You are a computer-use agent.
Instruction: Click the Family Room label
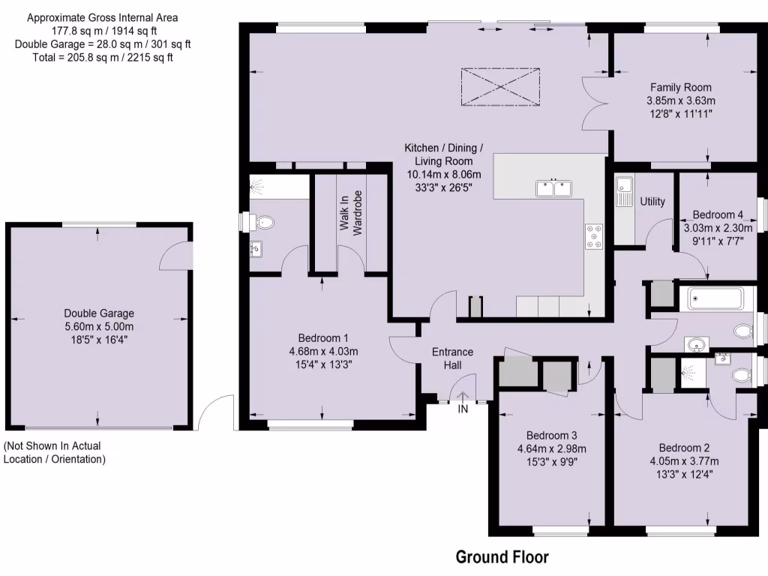[x=680, y=88]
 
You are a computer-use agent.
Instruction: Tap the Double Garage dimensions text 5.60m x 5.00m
[x=99, y=326]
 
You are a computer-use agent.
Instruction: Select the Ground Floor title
[x=502, y=557]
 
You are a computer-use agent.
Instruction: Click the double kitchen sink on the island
[x=555, y=187]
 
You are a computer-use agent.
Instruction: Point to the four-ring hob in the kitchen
[x=595, y=236]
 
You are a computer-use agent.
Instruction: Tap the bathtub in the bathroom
[x=715, y=300]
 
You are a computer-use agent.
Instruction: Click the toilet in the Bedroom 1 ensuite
[x=262, y=222]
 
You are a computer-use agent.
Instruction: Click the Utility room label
[x=652, y=202]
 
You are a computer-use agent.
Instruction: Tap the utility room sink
[x=623, y=189]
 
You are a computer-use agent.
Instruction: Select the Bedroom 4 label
[x=718, y=214]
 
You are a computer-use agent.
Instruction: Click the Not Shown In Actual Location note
[x=54, y=453]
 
